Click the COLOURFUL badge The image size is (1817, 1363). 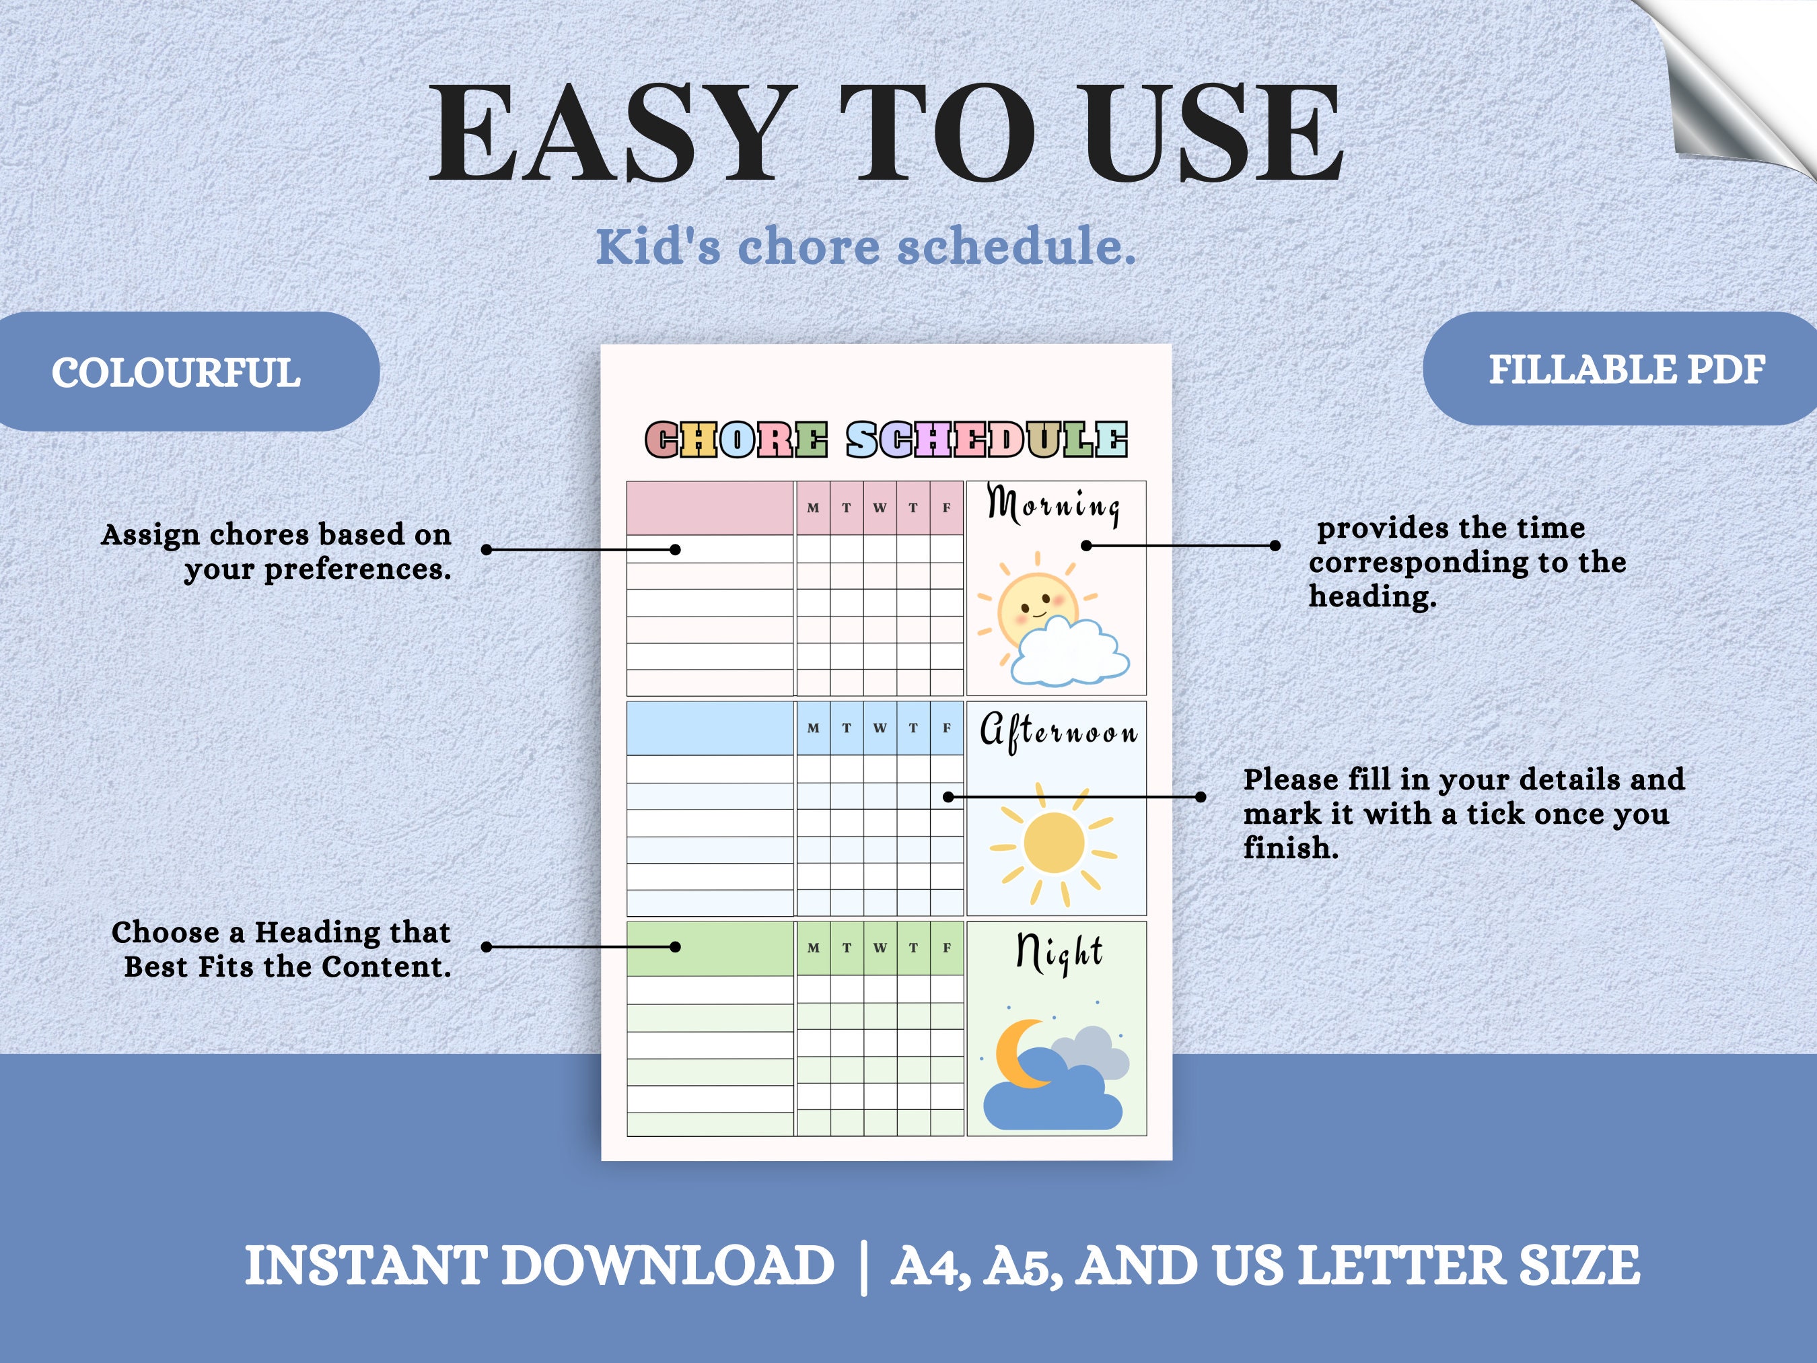[x=176, y=372]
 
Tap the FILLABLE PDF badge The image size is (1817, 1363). [x=1627, y=370]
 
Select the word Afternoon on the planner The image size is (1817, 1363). [x=1058, y=730]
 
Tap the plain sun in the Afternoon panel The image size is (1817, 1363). [x=1054, y=844]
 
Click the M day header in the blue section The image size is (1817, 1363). [x=813, y=728]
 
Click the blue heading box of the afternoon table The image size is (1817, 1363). [x=710, y=728]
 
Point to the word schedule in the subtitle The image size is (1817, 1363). [x=1016, y=246]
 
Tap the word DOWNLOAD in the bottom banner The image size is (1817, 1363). [x=668, y=1265]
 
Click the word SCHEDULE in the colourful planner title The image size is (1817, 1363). [x=987, y=440]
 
